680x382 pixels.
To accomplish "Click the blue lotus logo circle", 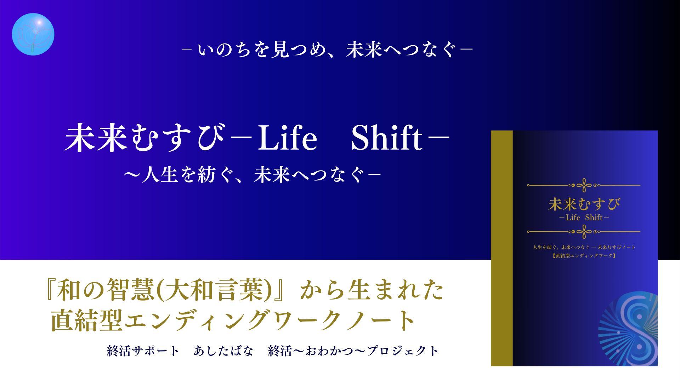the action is click(33, 34).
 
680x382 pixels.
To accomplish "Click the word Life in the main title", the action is click(287, 139).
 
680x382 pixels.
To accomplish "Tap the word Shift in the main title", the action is click(387, 139).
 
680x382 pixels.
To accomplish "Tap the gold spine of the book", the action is click(502, 248).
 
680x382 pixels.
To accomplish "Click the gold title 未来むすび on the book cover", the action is click(584, 204).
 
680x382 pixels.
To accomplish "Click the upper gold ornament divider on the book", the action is click(584, 185).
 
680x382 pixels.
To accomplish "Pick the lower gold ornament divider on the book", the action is click(584, 232).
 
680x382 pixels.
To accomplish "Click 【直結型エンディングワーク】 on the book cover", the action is click(584, 256).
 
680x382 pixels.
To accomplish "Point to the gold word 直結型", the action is click(86, 320).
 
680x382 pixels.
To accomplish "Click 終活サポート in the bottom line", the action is click(143, 351).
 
